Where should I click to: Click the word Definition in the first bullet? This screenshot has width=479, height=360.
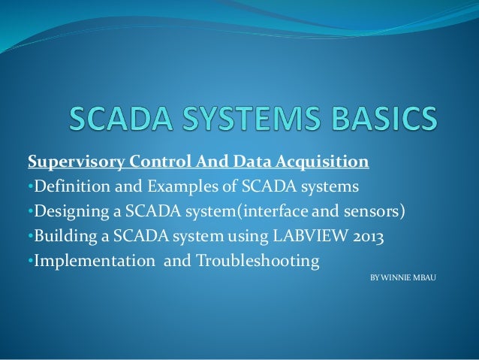pyautogui.click(x=68, y=186)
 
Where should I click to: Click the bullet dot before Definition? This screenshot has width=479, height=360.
pyautogui.click(x=29, y=186)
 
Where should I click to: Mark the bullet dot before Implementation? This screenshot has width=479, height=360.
pyautogui.click(x=29, y=261)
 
